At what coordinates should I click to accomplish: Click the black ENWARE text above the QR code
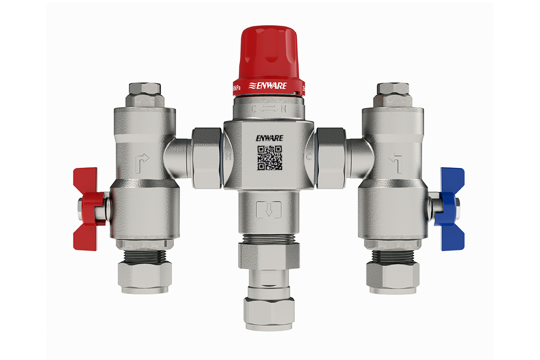[269, 138]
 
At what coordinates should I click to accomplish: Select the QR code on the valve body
[270, 158]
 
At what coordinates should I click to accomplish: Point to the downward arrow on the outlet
[269, 209]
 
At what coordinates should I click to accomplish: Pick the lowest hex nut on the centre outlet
[269, 313]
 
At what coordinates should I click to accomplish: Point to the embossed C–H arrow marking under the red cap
[269, 108]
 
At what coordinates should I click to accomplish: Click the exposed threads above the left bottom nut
[145, 256]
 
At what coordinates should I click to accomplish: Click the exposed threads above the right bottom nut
[393, 256]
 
